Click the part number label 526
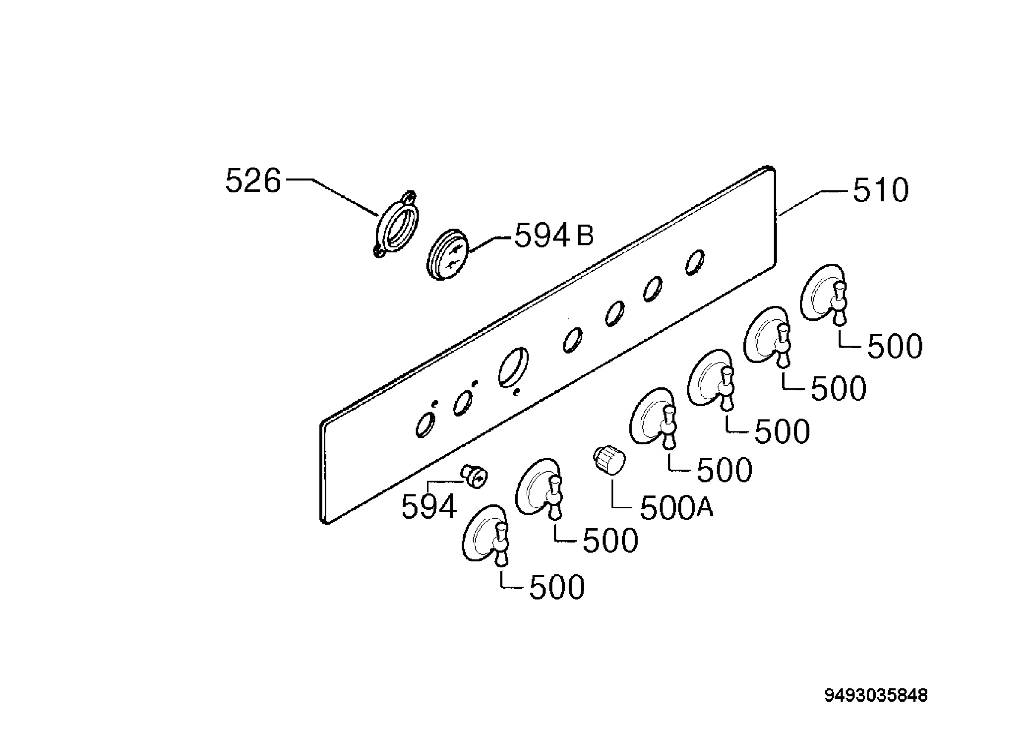point(253,180)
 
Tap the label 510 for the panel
point(881,191)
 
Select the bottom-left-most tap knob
point(485,535)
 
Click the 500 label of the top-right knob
point(894,346)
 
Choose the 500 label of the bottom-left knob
point(557,588)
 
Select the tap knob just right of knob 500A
point(653,418)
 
